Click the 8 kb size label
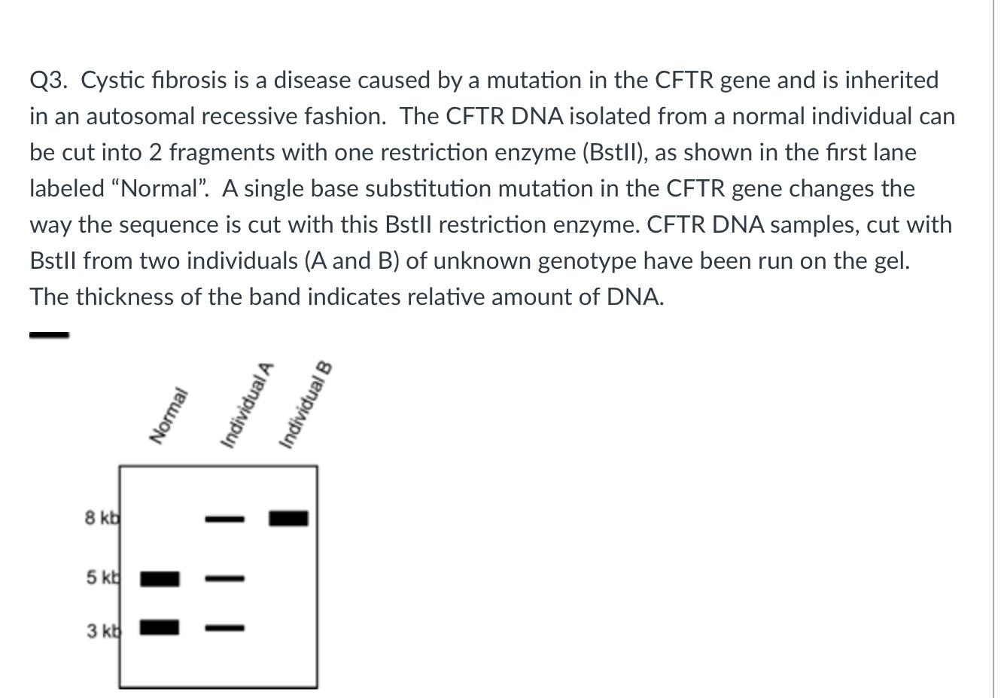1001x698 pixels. [102, 518]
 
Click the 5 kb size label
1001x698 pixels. [102, 578]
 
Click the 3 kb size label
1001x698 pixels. [102, 631]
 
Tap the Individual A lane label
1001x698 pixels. [245, 404]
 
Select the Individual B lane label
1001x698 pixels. [305, 404]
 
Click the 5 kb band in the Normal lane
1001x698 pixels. [160, 578]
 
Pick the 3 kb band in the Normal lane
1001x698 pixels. [160, 626]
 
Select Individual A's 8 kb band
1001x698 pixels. [225, 519]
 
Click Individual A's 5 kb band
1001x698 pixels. [225, 579]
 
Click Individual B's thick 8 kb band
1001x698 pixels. [289, 518]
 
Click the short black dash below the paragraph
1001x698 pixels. [49, 335]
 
